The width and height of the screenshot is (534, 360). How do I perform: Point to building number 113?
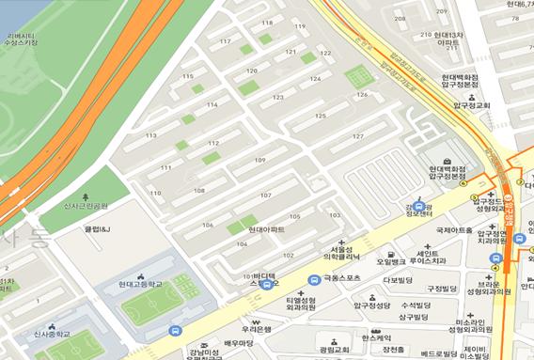pos(150,135)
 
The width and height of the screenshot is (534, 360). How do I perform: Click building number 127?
pos(357,136)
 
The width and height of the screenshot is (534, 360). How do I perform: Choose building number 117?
pos(225,41)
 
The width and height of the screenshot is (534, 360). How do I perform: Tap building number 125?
pos(320,116)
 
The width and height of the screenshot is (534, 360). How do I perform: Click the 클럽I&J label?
pos(98,228)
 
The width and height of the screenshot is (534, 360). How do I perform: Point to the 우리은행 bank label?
pos(256,329)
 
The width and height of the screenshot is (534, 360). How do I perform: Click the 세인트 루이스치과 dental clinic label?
pos(440,256)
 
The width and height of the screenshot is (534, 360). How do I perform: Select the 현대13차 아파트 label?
pos(448,39)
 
